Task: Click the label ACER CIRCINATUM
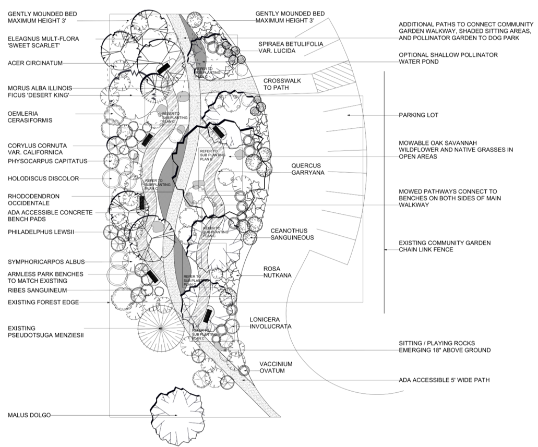(x=35, y=63)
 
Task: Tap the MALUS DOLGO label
(x=29, y=415)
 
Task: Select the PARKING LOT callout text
(x=419, y=115)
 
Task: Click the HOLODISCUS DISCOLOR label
(x=43, y=178)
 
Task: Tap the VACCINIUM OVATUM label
(x=276, y=367)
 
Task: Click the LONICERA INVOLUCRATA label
(x=270, y=322)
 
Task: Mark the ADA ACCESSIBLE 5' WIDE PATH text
(x=444, y=380)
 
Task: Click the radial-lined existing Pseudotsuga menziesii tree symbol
(x=160, y=329)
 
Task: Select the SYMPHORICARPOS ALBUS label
(x=46, y=262)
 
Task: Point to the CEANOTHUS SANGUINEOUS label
(x=292, y=234)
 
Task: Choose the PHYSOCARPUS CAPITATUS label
(x=47, y=161)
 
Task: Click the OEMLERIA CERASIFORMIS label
(x=30, y=117)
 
